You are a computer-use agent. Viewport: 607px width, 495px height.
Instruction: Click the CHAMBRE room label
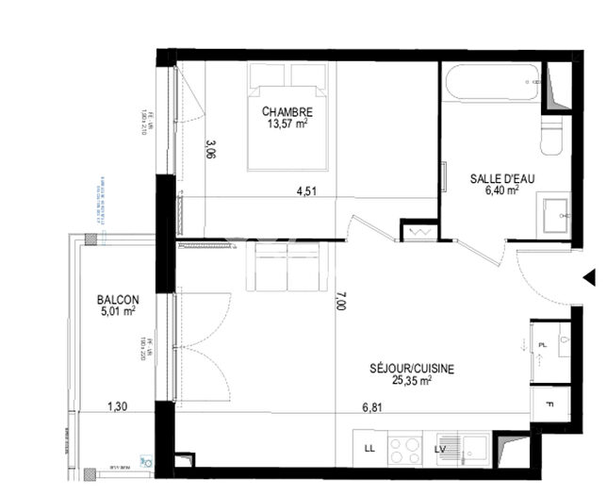pos(287,111)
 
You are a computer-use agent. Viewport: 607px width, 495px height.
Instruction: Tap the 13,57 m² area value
pos(287,124)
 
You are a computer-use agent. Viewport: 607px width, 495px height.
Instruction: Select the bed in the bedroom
pos(288,117)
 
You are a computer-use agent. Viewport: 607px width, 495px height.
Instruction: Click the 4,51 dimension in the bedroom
pos(306,190)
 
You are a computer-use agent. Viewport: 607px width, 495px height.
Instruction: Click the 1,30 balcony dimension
pos(117,407)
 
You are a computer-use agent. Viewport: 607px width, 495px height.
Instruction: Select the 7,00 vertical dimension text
pos(340,301)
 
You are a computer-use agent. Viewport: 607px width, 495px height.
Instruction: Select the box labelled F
pos(550,405)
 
